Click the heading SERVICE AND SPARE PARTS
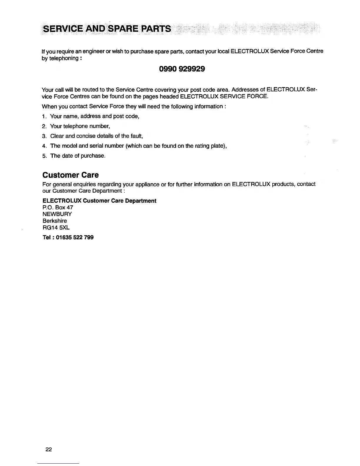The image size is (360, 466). point(106,29)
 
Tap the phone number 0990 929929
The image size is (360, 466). point(182,69)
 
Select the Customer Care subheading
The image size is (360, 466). point(71,175)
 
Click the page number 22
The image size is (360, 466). point(49,449)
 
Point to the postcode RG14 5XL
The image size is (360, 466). point(56,227)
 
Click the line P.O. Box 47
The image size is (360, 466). point(58,207)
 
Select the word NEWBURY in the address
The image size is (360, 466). point(57,214)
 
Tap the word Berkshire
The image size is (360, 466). point(55,221)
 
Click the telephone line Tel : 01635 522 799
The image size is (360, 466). point(68,237)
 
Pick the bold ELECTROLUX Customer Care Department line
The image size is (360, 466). point(99,201)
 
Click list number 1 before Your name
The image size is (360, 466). point(44,116)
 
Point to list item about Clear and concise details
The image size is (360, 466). point(96,136)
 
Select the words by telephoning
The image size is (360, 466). point(60,58)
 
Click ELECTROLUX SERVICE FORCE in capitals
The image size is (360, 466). point(224,96)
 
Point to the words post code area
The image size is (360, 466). point(209,89)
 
